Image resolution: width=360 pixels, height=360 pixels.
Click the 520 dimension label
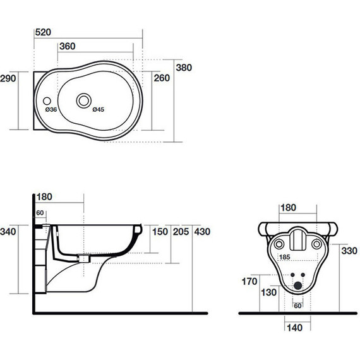pyautogui.click(x=43, y=32)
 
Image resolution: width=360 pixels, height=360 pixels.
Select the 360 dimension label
pyautogui.click(x=68, y=46)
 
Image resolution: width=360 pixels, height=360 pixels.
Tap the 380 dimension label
pyautogui.click(x=184, y=68)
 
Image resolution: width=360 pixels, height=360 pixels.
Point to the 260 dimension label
pyautogui.click(x=162, y=78)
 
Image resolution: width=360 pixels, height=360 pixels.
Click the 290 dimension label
pyautogui.click(x=8, y=78)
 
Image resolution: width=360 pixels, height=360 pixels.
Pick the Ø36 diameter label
pyautogui.click(x=51, y=109)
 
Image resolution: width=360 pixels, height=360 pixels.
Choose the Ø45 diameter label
pyautogui.click(x=99, y=109)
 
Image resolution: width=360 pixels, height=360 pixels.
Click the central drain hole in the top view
pyautogui.click(x=83, y=100)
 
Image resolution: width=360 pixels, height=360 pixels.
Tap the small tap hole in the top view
pyautogui.click(x=47, y=101)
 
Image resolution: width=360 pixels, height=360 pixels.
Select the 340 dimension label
pyautogui.click(x=8, y=231)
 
